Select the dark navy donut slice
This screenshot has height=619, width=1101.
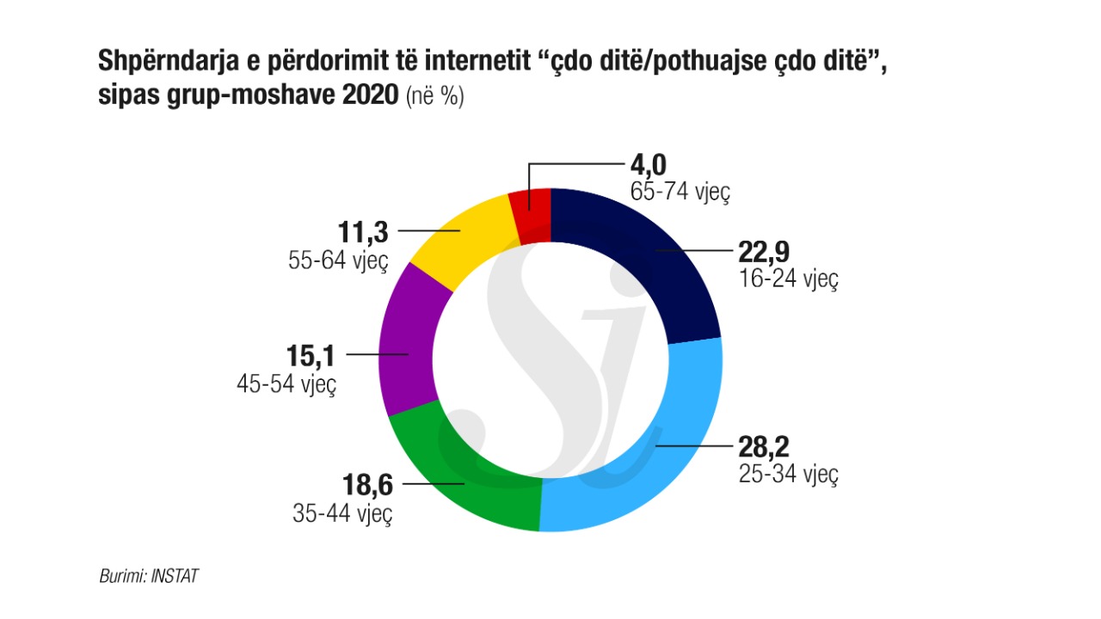pyautogui.click(x=654, y=258)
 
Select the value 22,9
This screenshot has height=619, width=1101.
pyautogui.click(x=764, y=252)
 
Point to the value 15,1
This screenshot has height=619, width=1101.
pyautogui.click(x=312, y=355)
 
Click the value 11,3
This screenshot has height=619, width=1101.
pyautogui.click(x=364, y=232)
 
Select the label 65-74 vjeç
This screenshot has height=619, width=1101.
pyautogui.click(x=680, y=192)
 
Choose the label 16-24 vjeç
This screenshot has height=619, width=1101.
pyautogui.click(x=788, y=279)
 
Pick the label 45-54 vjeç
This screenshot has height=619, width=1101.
pyautogui.click(x=286, y=383)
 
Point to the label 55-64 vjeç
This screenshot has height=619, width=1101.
pyautogui.click(x=338, y=260)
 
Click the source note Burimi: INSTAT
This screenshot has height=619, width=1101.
pyautogui.click(x=148, y=576)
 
